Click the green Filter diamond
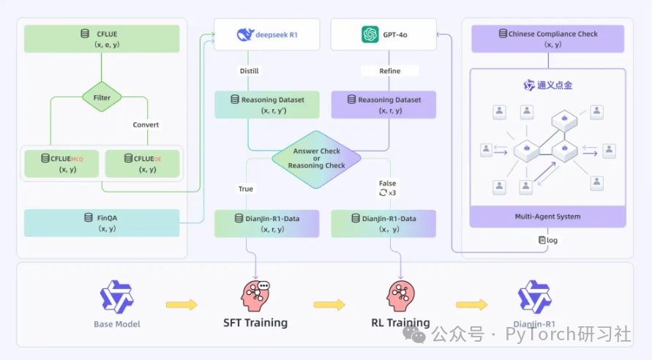102,97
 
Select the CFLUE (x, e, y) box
102,39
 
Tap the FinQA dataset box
102,223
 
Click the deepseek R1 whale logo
245,34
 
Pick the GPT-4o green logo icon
370,34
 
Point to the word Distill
249,71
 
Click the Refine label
389,71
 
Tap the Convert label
146,124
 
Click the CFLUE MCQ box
61,164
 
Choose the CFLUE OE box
142,164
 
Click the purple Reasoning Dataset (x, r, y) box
383,105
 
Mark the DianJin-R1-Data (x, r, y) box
267,224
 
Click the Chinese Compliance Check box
547,39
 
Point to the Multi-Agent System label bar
547,217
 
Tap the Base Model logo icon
117,297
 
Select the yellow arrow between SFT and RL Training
329,304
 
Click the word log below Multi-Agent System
552,240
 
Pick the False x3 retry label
388,188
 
